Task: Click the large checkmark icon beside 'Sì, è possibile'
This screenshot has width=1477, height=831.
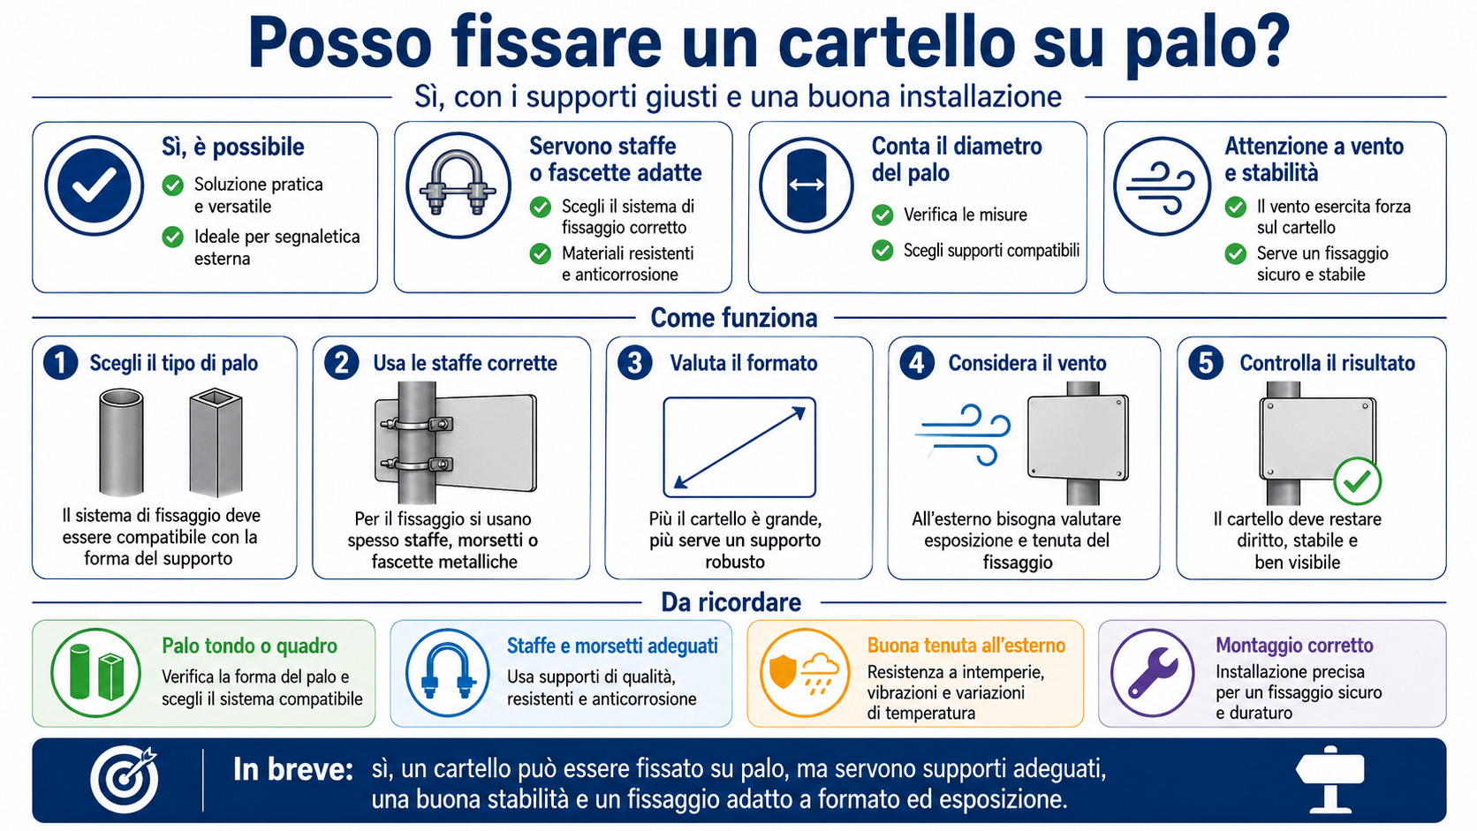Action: coord(95,185)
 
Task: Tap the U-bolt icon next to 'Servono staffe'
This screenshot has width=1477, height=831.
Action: coord(458,185)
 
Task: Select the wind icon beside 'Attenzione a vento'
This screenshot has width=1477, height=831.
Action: coord(1162,185)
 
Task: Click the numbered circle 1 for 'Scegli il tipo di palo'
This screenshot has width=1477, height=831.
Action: coord(61,362)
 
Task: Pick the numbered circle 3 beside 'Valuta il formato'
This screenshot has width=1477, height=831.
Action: coord(635,362)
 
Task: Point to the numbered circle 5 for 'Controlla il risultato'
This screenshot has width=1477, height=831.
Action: coord(1205,362)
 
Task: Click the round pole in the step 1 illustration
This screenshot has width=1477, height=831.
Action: coord(121,442)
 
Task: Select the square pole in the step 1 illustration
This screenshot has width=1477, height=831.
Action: coord(216,442)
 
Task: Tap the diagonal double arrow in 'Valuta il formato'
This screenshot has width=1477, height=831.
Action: coord(739,448)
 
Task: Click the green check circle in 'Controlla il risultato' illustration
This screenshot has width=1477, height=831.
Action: coord(1357,481)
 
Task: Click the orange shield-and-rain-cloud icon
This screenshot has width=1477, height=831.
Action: coord(805,673)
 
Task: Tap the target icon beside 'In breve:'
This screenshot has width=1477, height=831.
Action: coord(125,780)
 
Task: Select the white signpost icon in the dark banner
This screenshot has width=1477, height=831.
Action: coord(1330,778)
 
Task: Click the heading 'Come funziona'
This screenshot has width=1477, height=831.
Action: coord(734,318)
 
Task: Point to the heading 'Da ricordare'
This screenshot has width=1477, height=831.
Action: coord(731,602)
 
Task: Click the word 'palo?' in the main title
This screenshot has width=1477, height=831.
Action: coord(1207,45)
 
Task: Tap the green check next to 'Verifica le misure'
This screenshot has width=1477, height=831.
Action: coord(882,215)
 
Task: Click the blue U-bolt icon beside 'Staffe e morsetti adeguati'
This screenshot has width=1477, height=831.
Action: coord(447,673)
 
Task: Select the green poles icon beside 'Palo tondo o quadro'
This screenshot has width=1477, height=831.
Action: coord(96,673)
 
